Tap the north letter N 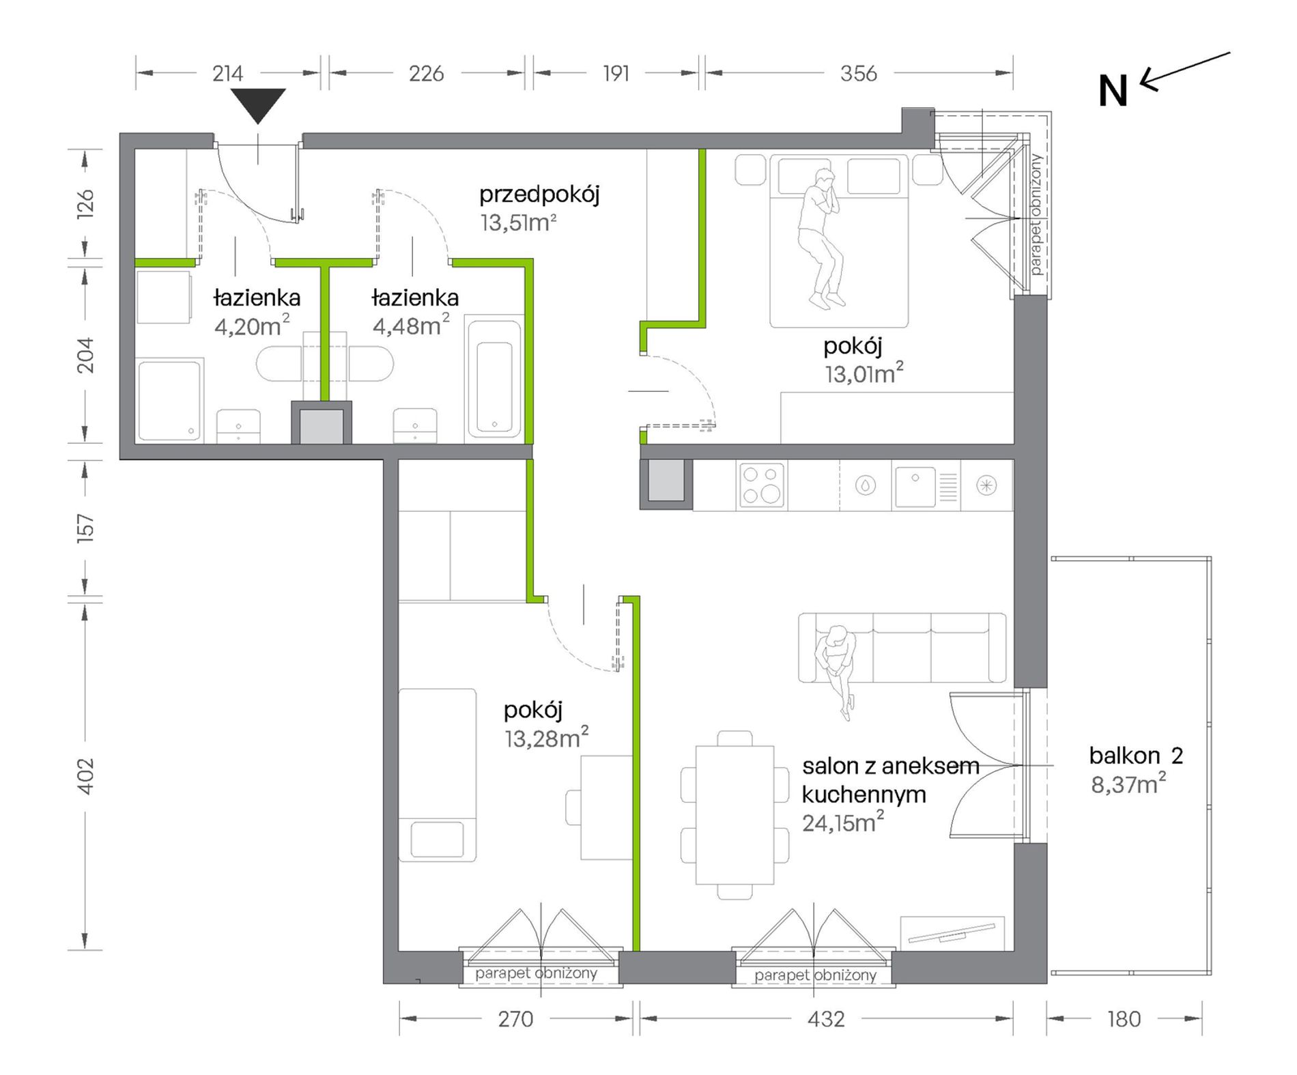pos(1112,91)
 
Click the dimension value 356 pos(858,73)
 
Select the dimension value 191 pos(616,73)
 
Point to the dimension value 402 pos(85,776)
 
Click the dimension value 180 pos(1124,1019)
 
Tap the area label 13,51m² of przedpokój pos(518,223)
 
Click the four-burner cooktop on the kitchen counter pos(762,485)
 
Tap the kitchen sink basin pos(915,485)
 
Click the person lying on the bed pos(822,239)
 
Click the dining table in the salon pos(735,815)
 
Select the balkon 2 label pos(1136,756)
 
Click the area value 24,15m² pos(842,822)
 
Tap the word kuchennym pos(864,794)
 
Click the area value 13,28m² pos(546,738)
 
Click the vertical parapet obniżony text pos(1036,214)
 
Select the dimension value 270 pos(515,1019)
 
